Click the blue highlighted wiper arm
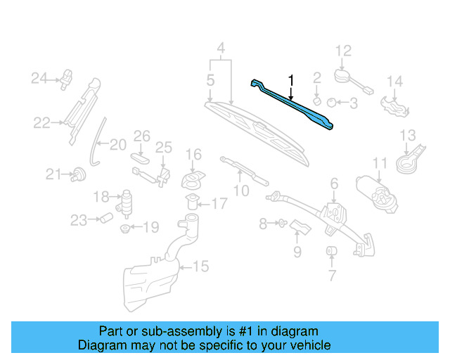[295, 106]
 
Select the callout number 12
[342, 51]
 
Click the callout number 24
[38, 77]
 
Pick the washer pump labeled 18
[127, 200]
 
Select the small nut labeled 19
[125, 228]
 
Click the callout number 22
[42, 123]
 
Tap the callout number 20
[117, 145]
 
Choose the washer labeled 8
[281, 224]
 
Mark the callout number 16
[193, 154]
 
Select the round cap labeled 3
[333, 103]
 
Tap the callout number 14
[394, 82]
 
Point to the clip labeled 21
[79, 173]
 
